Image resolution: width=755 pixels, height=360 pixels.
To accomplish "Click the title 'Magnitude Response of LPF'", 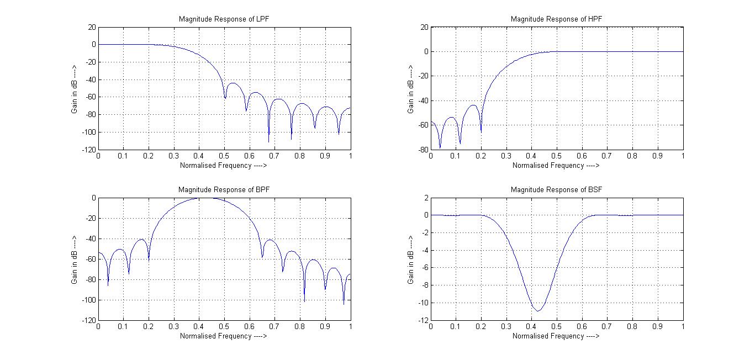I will pos(224,19).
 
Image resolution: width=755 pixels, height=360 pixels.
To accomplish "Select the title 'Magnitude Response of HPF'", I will pos(556,19).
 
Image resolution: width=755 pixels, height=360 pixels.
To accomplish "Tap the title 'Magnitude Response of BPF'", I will pos(224,189).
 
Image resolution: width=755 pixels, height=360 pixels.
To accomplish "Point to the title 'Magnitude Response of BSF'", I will pos(556,189).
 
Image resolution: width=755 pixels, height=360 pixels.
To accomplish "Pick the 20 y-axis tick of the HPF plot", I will pos(424,27).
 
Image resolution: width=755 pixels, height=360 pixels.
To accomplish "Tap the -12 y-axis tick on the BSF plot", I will pos(423,320).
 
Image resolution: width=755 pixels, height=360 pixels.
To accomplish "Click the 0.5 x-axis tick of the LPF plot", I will pos(224,156).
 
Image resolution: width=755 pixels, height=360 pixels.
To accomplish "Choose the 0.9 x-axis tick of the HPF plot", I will pos(657,156).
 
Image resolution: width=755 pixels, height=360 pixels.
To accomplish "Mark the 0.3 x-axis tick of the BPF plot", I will pos(174,327).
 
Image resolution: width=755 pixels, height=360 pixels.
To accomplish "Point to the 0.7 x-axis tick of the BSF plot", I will pos(607,327).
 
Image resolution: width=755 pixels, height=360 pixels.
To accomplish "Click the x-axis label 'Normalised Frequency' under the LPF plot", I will pos(224,165).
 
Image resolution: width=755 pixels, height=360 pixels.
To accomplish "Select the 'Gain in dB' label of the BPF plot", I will pos(75,259).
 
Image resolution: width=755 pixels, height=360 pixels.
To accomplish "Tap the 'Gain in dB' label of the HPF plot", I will pos(410,88).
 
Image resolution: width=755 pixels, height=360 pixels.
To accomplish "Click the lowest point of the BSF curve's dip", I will pos(538,311).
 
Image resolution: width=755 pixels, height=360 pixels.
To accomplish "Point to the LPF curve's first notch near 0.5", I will pos(225,98).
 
